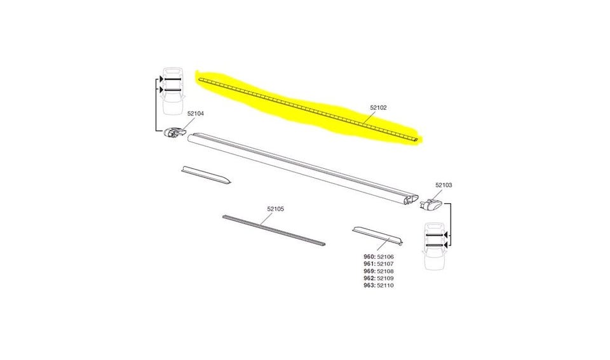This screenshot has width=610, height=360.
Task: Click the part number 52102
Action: (378, 108)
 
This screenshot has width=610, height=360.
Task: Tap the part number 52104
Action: (195, 114)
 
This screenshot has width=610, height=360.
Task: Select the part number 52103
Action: (444, 185)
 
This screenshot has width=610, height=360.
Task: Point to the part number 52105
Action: (275, 209)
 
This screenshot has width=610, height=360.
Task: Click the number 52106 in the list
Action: (385, 257)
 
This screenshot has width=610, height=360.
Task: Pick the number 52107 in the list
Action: (385, 264)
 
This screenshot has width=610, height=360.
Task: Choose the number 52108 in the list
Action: (385, 271)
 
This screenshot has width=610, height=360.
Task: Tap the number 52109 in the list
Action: (385, 278)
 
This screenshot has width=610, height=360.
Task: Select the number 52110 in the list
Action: (385, 285)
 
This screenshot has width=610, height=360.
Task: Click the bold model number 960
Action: (369, 257)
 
